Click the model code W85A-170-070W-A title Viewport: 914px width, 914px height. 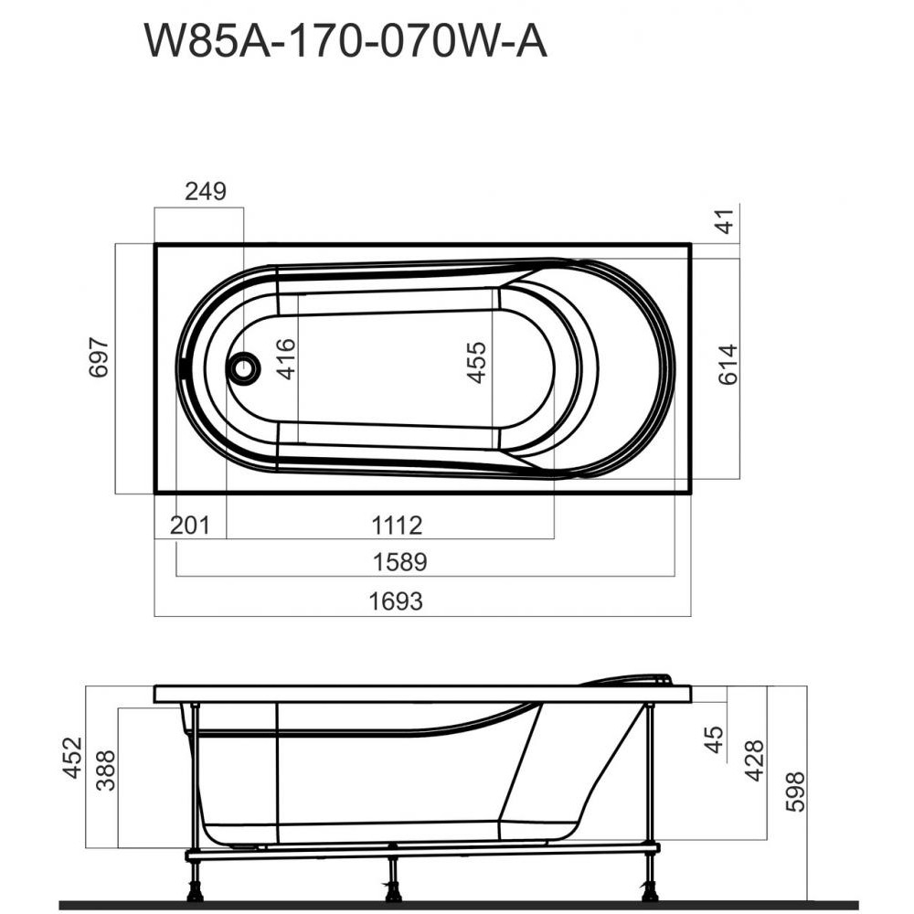[x=345, y=41]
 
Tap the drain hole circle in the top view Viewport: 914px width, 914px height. [x=244, y=367]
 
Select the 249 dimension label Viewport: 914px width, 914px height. [x=205, y=191]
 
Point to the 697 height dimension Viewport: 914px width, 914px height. [x=99, y=357]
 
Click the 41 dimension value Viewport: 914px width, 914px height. [x=727, y=221]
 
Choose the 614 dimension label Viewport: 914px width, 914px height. [x=728, y=365]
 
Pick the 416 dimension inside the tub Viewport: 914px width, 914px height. [x=286, y=359]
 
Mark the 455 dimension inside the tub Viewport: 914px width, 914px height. [x=476, y=363]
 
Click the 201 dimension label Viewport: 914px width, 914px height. [x=189, y=526]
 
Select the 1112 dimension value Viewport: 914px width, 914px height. [x=397, y=526]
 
